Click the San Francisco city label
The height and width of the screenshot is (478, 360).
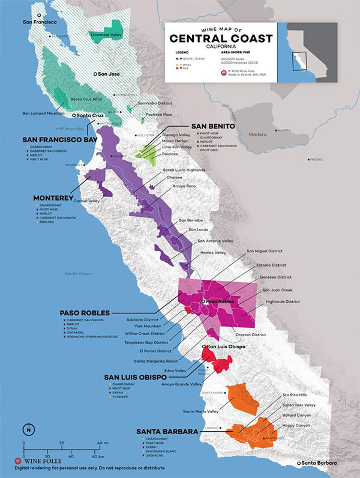[x=39, y=22]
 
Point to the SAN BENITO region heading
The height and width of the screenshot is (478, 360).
[x=212, y=126]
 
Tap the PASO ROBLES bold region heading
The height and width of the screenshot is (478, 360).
[x=85, y=313]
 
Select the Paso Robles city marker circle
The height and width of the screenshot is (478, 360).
[x=204, y=300]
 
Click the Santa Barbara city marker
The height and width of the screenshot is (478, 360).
[x=299, y=463]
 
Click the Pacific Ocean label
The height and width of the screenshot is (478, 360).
[x=78, y=274]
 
